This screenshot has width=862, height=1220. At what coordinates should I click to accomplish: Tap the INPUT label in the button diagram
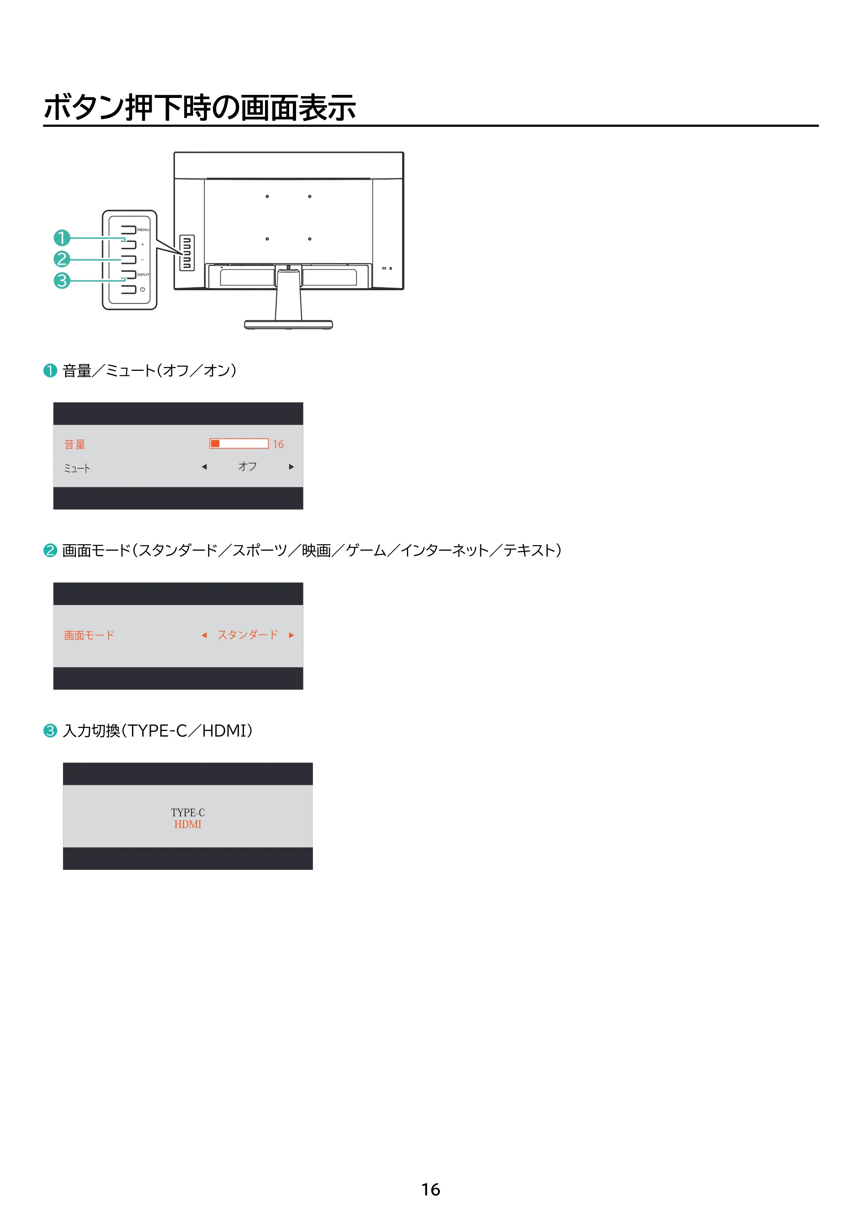(x=144, y=275)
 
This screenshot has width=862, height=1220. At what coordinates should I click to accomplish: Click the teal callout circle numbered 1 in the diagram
(x=62, y=238)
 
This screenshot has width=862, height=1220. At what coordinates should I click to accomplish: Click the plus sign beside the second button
(x=142, y=245)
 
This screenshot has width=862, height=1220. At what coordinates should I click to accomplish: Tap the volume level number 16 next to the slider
(x=278, y=444)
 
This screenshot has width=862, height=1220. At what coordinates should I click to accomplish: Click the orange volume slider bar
(x=239, y=444)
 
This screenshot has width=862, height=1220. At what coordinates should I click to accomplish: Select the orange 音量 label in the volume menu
(x=75, y=444)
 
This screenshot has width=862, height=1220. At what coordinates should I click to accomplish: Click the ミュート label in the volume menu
(x=77, y=468)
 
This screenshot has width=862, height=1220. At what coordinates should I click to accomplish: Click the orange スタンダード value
(x=248, y=634)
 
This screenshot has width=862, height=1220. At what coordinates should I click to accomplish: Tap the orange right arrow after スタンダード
(x=291, y=635)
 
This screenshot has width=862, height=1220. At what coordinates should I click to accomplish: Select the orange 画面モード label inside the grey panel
(x=89, y=635)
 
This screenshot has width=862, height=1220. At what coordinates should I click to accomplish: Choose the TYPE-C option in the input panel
(x=187, y=812)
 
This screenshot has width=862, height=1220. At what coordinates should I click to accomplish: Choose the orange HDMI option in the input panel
(x=188, y=824)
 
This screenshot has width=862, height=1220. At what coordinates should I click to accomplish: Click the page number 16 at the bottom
(x=431, y=1189)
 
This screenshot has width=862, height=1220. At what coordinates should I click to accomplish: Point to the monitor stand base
(x=288, y=324)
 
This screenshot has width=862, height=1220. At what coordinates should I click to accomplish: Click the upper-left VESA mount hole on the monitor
(x=267, y=197)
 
